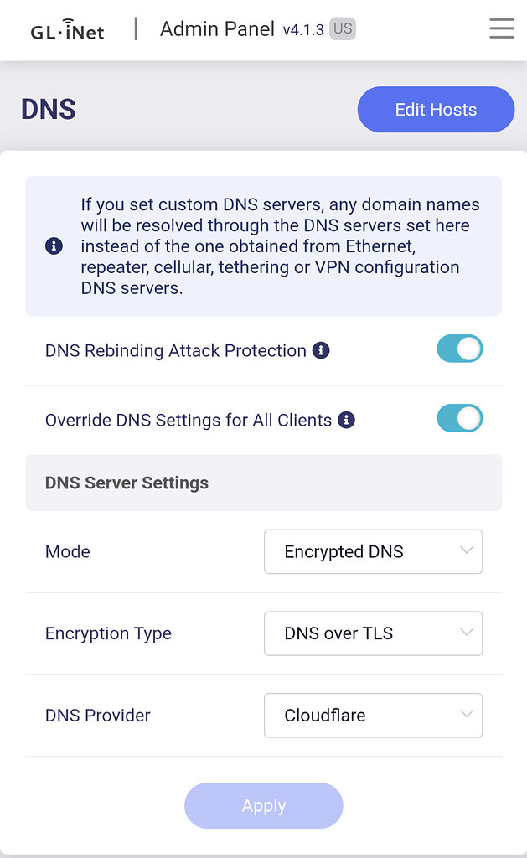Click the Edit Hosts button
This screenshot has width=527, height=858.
[x=436, y=110]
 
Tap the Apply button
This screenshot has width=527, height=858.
[x=264, y=805]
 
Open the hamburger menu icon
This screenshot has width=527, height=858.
[x=502, y=28]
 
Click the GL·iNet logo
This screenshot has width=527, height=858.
[x=67, y=30]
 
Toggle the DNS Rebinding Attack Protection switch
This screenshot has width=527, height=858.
[x=460, y=349]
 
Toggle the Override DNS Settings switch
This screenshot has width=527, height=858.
[x=460, y=419]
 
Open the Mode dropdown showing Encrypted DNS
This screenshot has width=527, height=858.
[x=373, y=551]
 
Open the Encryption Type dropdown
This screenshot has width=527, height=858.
[x=373, y=633]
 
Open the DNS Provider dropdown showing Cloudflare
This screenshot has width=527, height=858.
[x=373, y=716]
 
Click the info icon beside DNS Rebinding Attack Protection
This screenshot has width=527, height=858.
[x=321, y=350]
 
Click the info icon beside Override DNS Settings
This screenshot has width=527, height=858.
[x=346, y=420]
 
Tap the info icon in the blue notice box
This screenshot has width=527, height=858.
[x=54, y=246]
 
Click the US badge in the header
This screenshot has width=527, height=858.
[x=343, y=28]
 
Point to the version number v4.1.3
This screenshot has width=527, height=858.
[x=303, y=29]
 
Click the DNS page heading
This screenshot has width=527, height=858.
[x=48, y=109]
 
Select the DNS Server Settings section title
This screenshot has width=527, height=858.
[x=127, y=483]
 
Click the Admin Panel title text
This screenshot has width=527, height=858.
[x=217, y=29]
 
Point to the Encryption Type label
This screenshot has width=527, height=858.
[x=108, y=633]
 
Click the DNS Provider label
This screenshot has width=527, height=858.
[x=97, y=716]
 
